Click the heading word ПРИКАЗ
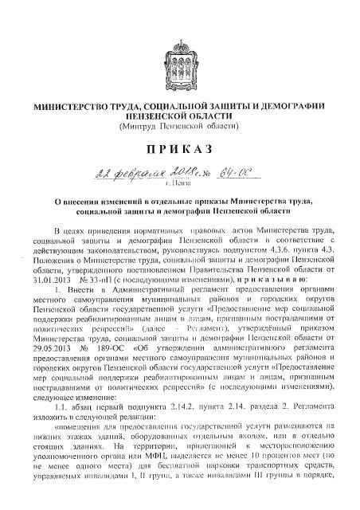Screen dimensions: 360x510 click(x=179, y=150)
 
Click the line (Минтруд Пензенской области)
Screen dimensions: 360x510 click(x=180, y=126)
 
